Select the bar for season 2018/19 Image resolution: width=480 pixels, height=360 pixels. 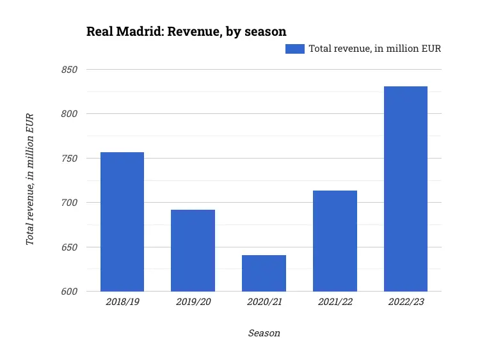tap(122, 222)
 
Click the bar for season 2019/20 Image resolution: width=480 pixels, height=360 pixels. tap(193, 251)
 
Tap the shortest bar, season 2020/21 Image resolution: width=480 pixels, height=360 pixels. tap(264, 273)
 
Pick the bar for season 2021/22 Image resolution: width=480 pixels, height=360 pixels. tap(335, 241)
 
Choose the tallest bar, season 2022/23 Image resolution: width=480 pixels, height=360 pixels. tap(406, 189)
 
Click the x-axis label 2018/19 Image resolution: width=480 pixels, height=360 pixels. tap(122, 302)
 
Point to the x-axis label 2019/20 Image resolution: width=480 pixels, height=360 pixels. tap(193, 302)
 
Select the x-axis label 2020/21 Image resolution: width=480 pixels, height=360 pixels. tap(264, 302)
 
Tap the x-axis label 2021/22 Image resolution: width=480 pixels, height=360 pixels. tap(335, 302)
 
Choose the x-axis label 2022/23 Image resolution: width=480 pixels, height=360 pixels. tap(406, 302)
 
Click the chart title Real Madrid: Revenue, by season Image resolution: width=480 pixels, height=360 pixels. tap(186, 31)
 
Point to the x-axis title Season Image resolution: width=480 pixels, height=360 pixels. tap(264, 333)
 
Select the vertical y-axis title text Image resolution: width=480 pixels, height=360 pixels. tap(29, 179)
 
